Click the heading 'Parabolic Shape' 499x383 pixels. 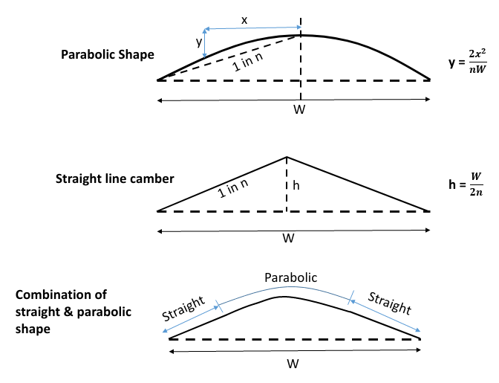tap(108, 55)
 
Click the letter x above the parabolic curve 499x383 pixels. tap(244, 19)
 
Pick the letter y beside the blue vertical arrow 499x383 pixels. tap(198, 42)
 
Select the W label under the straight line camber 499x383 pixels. tap(289, 239)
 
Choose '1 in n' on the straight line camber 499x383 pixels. tap(234, 187)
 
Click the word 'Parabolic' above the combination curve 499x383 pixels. tap(291, 277)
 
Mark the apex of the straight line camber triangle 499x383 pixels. tap(287, 157)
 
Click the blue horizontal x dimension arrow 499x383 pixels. tap(252, 28)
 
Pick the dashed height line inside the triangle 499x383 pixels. tap(287, 190)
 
